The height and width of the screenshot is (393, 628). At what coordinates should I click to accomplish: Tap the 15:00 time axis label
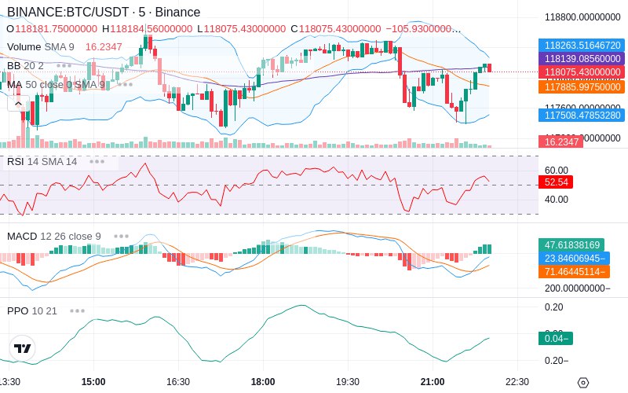point(93,381)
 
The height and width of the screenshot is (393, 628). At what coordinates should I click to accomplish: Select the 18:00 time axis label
point(263,381)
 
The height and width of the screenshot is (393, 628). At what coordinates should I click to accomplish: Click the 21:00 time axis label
point(433,381)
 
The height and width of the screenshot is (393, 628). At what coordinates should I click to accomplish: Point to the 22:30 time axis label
point(517,381)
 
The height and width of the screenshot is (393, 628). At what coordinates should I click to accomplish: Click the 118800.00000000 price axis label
point(583,17)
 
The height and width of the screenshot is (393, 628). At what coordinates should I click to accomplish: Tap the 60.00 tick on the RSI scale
point(556,170)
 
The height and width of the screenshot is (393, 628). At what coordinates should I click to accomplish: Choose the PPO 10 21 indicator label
point(32,310)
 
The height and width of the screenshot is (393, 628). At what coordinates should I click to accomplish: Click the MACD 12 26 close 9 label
point(54,236)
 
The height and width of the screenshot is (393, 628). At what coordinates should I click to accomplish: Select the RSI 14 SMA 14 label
point(42,161)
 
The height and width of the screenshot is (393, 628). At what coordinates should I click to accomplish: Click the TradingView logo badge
point(23,348)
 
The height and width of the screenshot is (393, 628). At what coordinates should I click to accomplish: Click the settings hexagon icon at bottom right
point(582,382)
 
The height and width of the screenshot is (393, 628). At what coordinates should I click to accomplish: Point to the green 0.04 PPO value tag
point(555,338)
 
